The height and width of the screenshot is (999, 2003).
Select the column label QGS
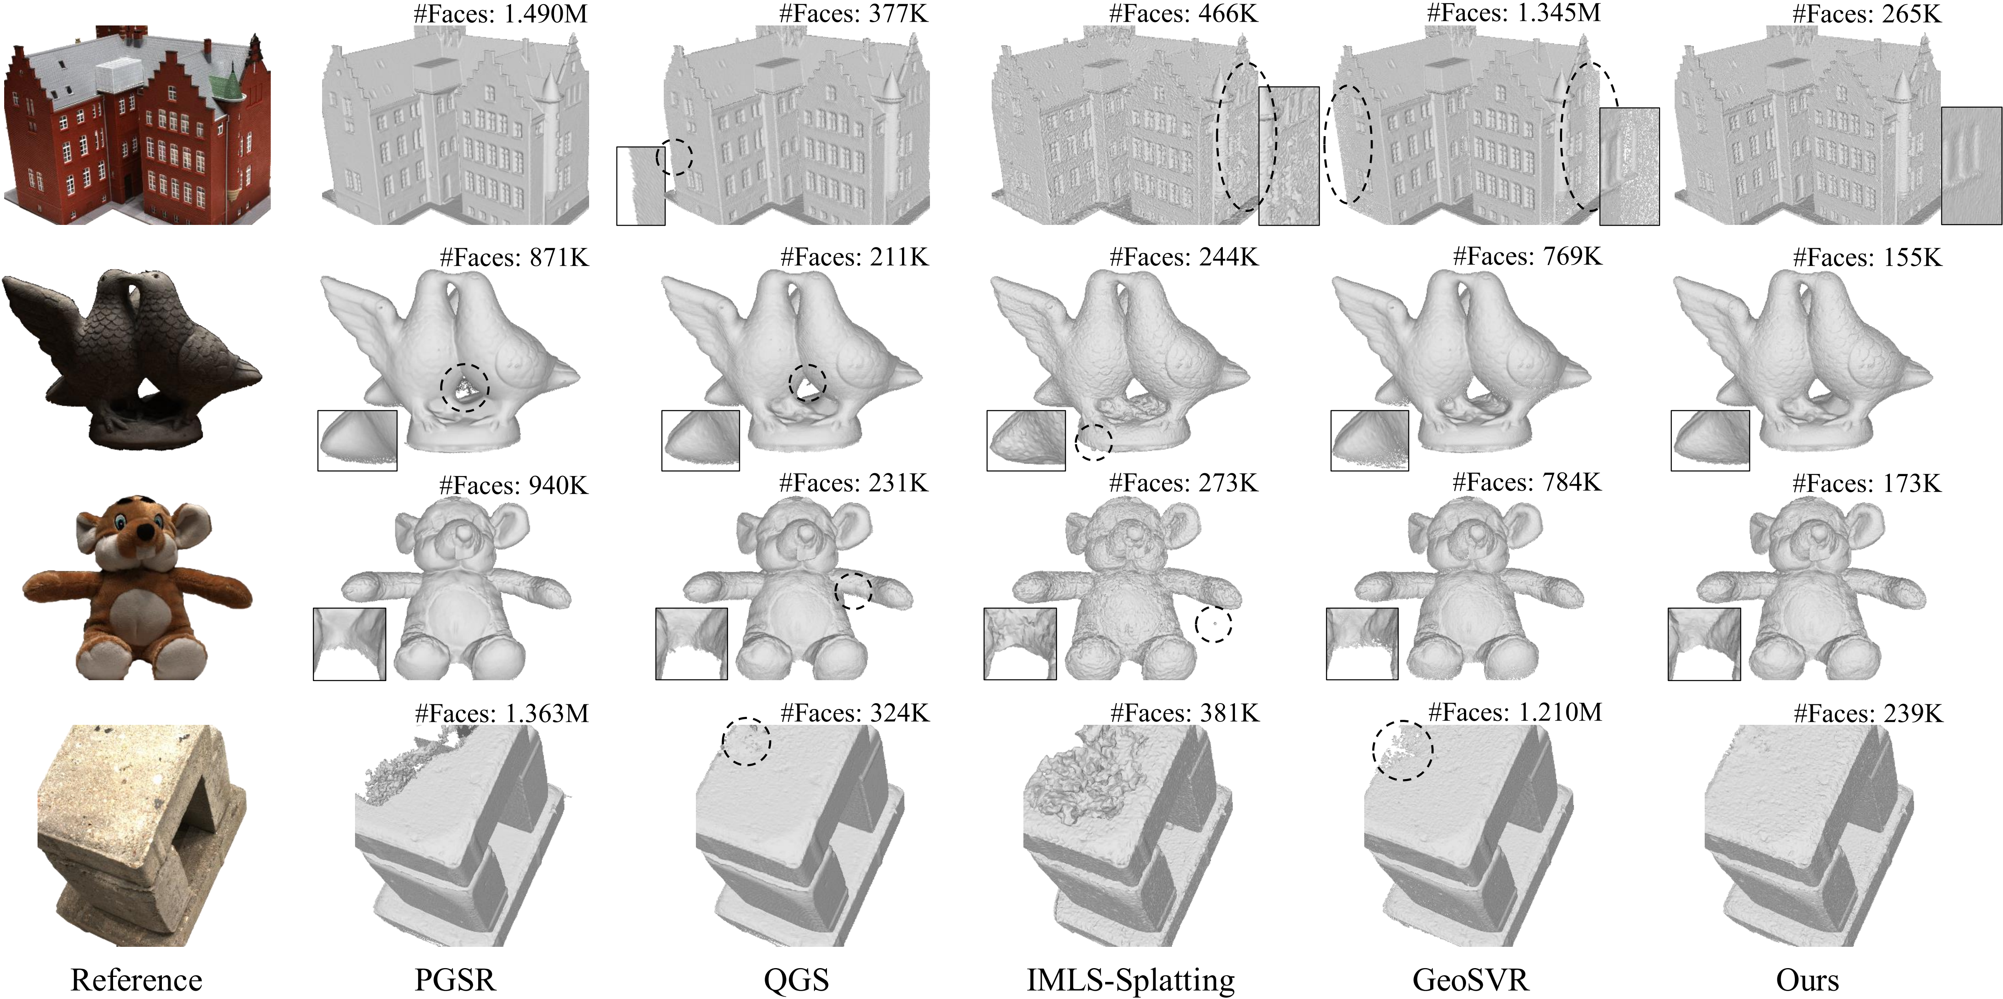(796, 979)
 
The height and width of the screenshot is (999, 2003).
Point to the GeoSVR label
(1470, 979)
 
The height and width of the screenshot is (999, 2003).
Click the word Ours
(1808, 979)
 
